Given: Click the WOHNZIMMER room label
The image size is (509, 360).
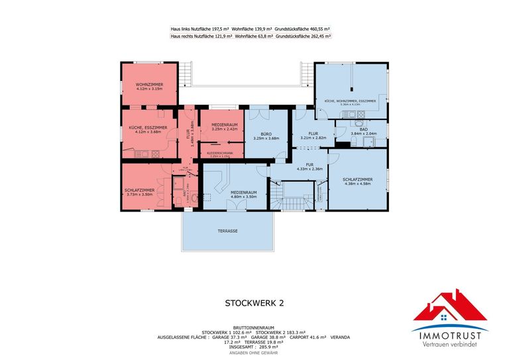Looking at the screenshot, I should pos(148,85).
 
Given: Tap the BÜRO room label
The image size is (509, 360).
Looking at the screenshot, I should pos(266,134).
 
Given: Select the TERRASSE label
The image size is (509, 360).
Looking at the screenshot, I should pos(227,231).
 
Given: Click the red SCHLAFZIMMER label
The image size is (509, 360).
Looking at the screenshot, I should pos(139,190).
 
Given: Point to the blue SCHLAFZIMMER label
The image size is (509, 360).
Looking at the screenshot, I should pos(357,179).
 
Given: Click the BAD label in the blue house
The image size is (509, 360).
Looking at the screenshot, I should pos(363,129).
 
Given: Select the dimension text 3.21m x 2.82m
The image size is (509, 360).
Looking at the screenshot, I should pos(313,138).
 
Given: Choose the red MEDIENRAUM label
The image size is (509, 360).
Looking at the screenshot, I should pos(224,125).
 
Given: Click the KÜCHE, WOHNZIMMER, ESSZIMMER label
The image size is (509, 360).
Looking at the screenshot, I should pos(350,101).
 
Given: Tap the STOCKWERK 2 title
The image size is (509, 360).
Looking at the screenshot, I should pos(254,303).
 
